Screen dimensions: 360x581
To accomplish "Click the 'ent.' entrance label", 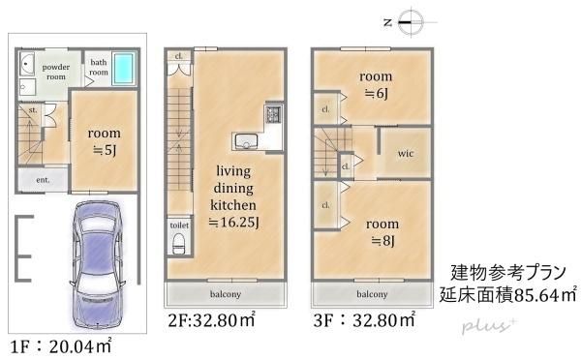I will (x=43, y=180).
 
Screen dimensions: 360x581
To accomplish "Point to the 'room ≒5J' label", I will (x=103, y=141).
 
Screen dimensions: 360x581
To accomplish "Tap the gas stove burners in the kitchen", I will (x=272, y=115).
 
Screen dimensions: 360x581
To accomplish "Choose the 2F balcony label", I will (x=225, y=293).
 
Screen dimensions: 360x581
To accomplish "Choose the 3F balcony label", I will (x=372, y=293).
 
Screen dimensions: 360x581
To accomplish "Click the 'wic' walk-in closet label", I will (x=401, y=155).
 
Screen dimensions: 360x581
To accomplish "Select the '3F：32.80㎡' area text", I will (x=364, y=317).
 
